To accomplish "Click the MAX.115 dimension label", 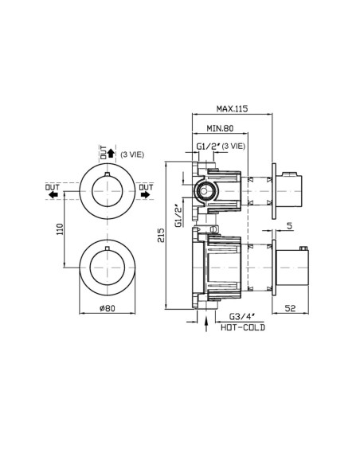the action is point(232,108).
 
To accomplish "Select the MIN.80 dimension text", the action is point(220,128).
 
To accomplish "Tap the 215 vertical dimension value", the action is point(161,235).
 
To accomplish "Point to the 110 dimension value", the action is point(60,229).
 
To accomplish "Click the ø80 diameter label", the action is point(107,308).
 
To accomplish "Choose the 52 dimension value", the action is point(291,308).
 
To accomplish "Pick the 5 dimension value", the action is point(290,226).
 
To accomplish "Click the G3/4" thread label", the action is point(242,317).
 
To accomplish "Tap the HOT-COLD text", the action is point(243,327).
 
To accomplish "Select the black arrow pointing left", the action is point(53,195).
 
